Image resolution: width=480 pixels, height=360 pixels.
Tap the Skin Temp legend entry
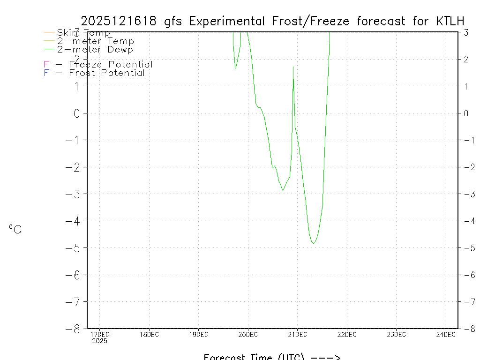[83, 33]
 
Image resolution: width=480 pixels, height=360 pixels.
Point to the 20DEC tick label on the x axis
[248, 335]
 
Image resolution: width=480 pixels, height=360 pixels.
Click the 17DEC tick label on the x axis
[99, 335]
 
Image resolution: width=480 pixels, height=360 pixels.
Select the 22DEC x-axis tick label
[347, 335]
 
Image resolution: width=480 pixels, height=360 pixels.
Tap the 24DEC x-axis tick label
[446, 335]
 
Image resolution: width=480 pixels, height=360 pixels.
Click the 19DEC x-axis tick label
[198, 335]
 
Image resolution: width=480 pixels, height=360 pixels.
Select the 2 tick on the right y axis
[466, 59]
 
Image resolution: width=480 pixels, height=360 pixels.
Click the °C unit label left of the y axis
[15, 229]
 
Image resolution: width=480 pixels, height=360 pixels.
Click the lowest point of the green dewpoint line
[313, 243]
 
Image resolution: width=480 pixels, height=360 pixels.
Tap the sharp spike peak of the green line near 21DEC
[293, 67]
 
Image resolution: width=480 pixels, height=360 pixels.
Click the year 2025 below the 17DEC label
[99, 341]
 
